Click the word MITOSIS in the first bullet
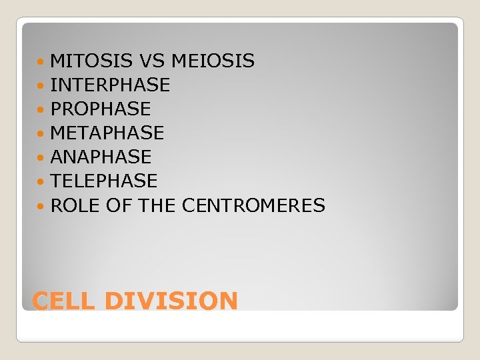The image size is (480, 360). click(x=92, y=61)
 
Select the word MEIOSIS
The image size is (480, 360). click(x=213, y=61)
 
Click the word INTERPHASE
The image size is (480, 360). click(x=110, y=85)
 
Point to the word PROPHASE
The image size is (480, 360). click(x=101, y=109)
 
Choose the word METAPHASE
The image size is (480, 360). click(x=107, y=133)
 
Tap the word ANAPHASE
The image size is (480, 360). click(x=101, y=157)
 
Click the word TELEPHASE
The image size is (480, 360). click(x=103, y=181)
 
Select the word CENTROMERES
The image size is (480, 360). click(x=253, y=205)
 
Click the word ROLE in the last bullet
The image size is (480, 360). click(x=75, y=205)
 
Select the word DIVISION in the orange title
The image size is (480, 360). click(x=171, y=301)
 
